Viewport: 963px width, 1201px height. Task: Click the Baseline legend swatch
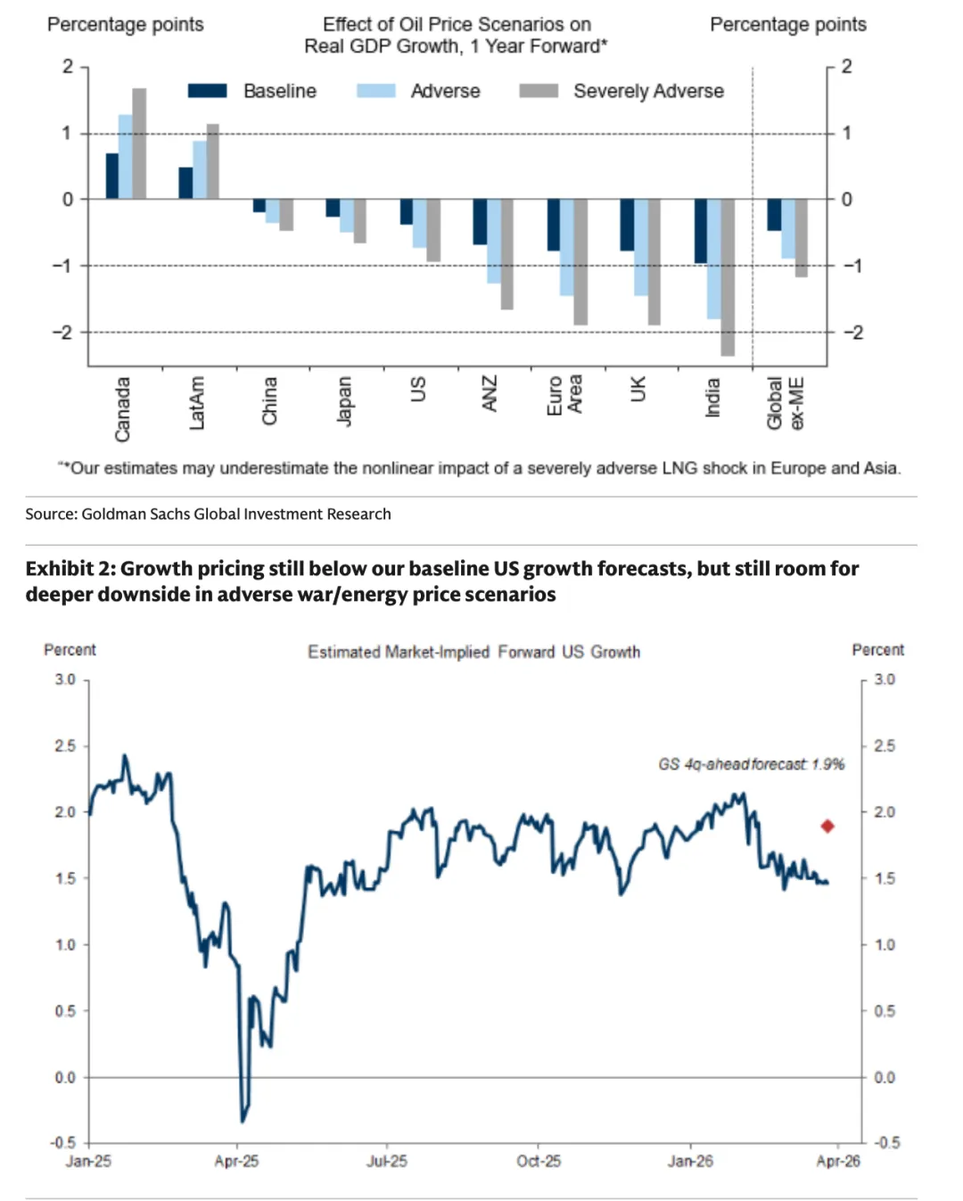(207, 91)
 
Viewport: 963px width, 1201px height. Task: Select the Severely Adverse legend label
(648, 91)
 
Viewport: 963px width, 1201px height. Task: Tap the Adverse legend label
(445, 91)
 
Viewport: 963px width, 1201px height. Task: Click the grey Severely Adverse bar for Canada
(139, 144)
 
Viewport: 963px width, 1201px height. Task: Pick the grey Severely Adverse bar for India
(728, 277)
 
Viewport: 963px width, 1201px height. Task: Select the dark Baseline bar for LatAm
(185, 183)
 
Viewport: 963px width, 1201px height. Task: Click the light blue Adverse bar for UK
(640, 247)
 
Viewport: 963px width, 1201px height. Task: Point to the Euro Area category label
(564, 395)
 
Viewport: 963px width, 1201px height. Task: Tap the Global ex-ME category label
(786, 403)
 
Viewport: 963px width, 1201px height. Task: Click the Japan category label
(344, 400)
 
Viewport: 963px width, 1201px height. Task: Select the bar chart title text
(456, 36)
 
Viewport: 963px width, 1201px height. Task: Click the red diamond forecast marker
(827, 827)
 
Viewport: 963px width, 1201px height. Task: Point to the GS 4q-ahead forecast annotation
(751, 764)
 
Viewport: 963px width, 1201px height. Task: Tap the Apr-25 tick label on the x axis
(236, 1161)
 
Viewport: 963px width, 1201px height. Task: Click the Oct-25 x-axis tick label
(539, 1161)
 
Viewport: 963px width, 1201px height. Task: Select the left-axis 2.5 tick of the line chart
(65, 746)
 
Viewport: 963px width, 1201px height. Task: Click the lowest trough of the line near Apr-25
(243, 1120)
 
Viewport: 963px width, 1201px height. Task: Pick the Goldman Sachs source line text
(208, 514)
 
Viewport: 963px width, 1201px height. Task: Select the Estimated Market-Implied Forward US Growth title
(473, 652)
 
